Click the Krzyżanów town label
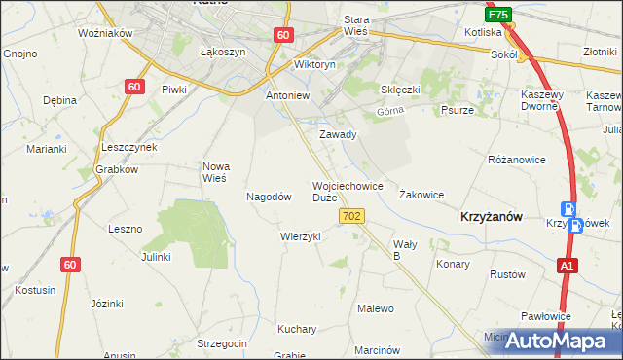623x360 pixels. (x=491, y=219)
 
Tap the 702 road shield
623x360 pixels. (x=353, y=215)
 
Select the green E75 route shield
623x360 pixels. (x=498, y=16)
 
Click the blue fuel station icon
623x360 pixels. (x=568, y=208)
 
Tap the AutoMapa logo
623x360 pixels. (x=550, y=341)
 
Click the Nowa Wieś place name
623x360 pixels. (x=214, y=171)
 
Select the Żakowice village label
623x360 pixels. (x=421, y=195)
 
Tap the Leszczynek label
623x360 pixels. (x=129, y=146)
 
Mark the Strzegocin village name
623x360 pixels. (x=221, y=343)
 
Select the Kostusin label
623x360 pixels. (x=34, y=290)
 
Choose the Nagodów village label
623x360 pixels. (x=270, y=196)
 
